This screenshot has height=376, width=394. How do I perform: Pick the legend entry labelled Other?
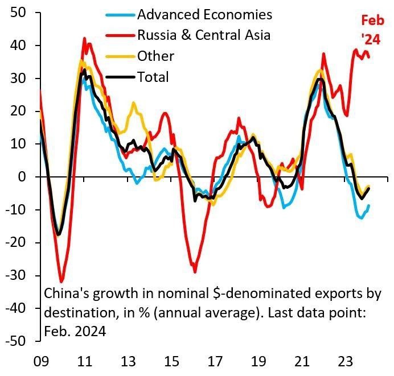pos(155,56)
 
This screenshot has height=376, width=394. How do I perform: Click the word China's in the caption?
pos(66,294)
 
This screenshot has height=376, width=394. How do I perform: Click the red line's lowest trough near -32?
pos(61,282)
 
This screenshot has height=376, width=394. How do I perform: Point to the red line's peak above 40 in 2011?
pos(84,39)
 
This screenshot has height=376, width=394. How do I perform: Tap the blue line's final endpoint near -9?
pos(368,206)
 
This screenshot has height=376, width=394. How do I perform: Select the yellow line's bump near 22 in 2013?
pos(133,103)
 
